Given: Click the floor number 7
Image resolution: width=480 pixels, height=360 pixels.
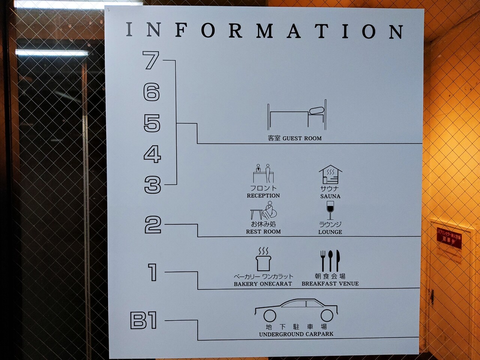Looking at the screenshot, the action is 151,60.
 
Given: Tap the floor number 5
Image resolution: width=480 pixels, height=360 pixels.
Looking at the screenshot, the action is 152,123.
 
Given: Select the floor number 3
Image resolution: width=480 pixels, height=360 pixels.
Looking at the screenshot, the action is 153,185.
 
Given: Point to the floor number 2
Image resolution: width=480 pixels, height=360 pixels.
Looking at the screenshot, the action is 153,225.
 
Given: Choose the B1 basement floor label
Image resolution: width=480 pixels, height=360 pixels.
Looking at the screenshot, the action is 144,321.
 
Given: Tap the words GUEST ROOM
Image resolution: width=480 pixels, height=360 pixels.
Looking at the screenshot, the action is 302,138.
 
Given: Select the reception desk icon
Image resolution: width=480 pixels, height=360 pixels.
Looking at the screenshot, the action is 263,173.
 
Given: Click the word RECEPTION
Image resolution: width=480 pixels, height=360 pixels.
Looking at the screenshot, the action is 263,196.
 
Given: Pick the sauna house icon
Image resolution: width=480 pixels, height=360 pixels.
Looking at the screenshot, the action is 330,175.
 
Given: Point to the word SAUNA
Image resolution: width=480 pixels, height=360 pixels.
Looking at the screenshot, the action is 330,196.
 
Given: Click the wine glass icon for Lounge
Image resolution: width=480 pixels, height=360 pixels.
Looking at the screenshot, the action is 330,210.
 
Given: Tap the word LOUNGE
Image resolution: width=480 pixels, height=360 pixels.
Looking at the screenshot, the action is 330,232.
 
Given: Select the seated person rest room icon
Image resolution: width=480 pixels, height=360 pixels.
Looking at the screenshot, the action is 263,211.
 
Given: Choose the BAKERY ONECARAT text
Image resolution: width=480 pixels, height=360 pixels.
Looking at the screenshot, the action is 263,284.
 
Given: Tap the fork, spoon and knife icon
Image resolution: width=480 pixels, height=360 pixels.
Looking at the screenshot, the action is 330,261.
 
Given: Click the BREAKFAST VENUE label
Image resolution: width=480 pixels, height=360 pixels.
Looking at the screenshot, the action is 330,284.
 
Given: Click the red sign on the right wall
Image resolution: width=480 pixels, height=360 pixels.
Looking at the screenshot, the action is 450,238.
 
